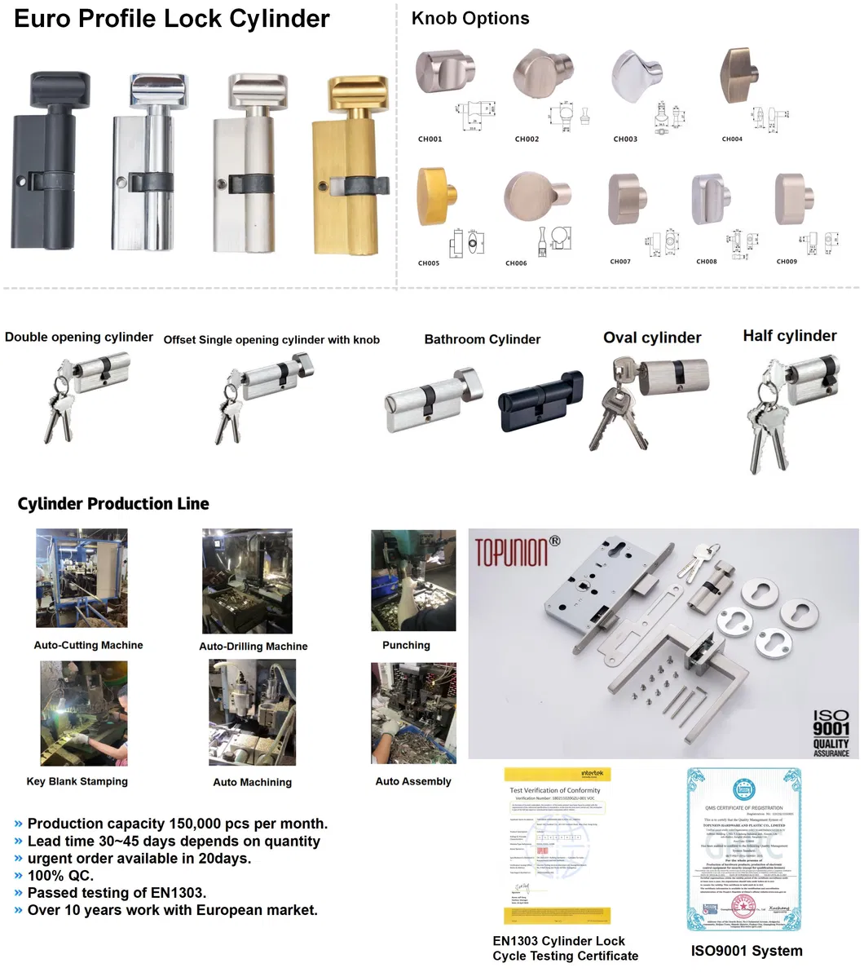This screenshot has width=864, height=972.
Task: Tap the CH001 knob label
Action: tap(430, 139)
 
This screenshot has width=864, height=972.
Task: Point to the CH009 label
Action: tap(787, 262)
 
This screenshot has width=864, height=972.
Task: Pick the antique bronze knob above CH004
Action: tap(741, 77)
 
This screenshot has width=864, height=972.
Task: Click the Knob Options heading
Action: tap(470, 19)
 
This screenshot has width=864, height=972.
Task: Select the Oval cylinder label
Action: tap(652, 338)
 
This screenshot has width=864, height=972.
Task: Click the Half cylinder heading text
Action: tap(789, 336)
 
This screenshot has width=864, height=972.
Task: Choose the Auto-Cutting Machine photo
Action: tap(82, 578)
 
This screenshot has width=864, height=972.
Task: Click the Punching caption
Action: tap(406, 645)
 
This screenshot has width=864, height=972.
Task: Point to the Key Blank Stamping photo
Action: tap(84, 713)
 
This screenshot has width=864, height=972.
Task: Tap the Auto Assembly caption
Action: tap(412, 781)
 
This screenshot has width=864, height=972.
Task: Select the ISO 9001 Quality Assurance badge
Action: tap(831, 733)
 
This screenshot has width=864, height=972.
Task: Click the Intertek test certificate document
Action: tap(558, 845)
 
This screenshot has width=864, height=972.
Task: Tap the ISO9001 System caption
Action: tap(746, 951)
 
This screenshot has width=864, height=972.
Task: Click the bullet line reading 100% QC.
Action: tap(60, 876)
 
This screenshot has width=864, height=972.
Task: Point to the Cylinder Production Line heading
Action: tap(113, 504)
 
